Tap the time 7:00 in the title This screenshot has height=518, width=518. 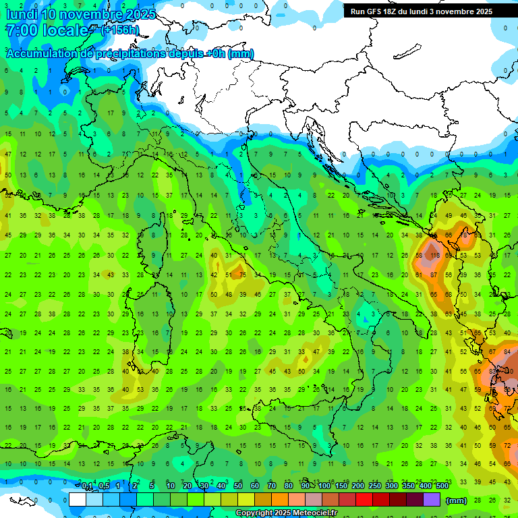21,30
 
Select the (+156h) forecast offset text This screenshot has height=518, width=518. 120,30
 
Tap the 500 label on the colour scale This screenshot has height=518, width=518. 442,486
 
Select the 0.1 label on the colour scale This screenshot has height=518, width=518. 87,486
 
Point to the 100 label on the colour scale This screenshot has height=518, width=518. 324,486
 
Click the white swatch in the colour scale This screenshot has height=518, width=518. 78,499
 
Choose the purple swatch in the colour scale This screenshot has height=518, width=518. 432,499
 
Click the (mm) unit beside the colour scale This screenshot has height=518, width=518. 457,500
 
